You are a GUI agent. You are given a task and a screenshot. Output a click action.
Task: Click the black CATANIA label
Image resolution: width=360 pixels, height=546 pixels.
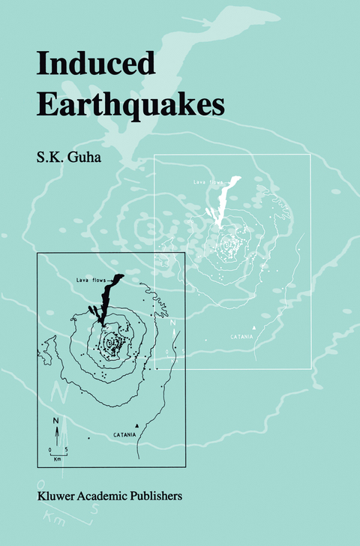click(126, 435)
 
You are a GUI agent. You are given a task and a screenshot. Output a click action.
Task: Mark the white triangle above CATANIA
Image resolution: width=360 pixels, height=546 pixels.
click(255, 328)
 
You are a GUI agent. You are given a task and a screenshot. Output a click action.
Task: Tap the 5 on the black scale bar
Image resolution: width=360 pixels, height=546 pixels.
click(66, 449)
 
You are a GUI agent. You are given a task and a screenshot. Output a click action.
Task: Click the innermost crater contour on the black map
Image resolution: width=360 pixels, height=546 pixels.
click(113, 343)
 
